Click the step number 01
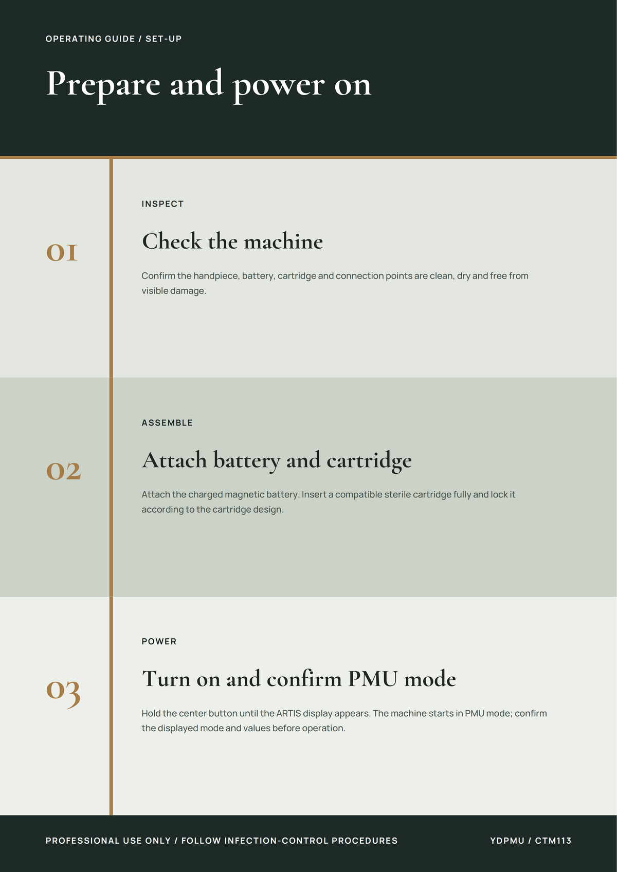62,252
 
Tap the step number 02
63,471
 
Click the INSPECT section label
162,204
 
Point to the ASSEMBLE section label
167,423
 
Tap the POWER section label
159,642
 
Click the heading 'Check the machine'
232,241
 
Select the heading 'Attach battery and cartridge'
277,461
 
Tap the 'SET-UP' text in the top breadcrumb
164,39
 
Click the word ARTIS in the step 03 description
288,713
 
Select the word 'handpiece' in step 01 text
216,276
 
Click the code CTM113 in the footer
553,841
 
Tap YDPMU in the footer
507,841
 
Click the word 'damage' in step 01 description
190,291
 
